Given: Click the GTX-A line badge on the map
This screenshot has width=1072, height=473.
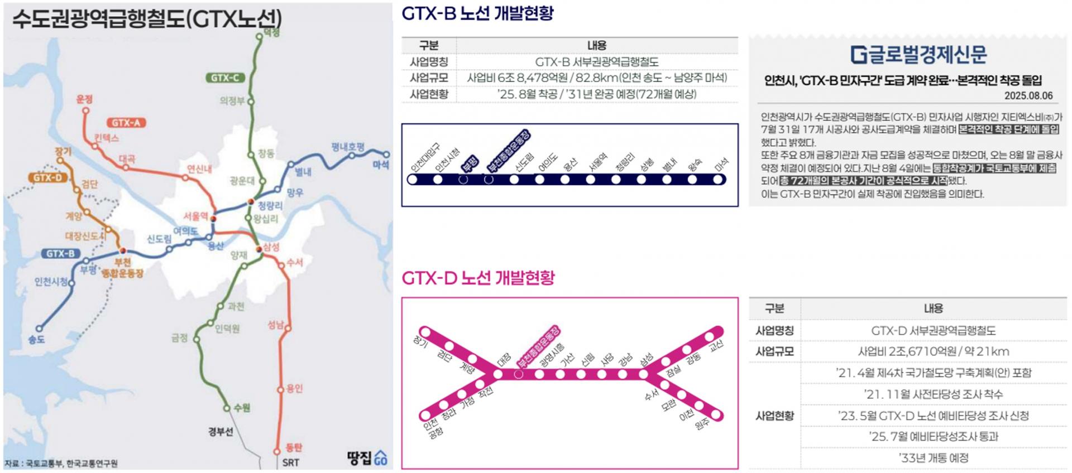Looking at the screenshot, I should coord(126,123).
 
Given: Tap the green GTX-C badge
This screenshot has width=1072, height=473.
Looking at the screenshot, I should coord(225,78).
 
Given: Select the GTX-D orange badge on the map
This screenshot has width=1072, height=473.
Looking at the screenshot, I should coord(47,178).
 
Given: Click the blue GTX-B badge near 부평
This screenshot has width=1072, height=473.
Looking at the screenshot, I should coord(60,254).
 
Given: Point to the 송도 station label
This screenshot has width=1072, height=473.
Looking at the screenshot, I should coord(36,339).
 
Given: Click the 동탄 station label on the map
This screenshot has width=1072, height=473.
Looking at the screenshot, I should coord(294,447).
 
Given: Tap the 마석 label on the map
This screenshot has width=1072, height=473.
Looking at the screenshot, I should coord(381,165).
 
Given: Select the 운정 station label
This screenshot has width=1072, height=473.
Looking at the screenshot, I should coord(84,99).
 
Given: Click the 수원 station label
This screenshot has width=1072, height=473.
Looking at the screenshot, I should coord(242,408).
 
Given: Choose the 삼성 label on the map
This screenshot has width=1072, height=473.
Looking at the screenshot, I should coord(271,247).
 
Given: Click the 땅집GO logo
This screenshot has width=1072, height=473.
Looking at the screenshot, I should coord(366,458).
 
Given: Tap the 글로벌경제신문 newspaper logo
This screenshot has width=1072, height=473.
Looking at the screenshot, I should coord(918,54).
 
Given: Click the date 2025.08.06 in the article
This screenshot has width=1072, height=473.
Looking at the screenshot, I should coord(1028,95).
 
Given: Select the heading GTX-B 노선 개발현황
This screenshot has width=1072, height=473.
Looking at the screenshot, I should coord(477,13).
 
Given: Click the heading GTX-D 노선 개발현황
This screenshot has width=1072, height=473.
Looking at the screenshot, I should coord(478,278).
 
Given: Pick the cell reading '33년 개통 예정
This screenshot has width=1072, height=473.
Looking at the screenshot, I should coord(933,458).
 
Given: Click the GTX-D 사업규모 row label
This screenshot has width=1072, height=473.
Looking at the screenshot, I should coord(774,351).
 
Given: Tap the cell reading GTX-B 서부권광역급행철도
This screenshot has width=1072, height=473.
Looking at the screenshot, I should coord(596,62).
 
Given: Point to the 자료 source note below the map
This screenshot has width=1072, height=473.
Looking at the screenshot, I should coord(61,464).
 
